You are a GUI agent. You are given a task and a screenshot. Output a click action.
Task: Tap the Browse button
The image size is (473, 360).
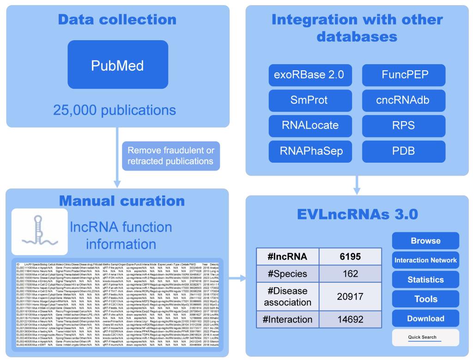[x=425, y=241]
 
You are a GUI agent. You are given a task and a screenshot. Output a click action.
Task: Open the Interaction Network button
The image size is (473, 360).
[x=425, y=260]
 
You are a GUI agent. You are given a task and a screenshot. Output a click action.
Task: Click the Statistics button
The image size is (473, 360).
[x=425, y=280]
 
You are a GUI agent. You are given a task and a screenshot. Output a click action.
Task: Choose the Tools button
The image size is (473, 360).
[x=425, y=299]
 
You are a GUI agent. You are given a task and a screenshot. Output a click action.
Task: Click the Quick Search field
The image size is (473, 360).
[x=425, y=338]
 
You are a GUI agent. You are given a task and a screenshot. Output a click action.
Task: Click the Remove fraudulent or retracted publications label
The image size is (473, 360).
[x=170, y=156]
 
